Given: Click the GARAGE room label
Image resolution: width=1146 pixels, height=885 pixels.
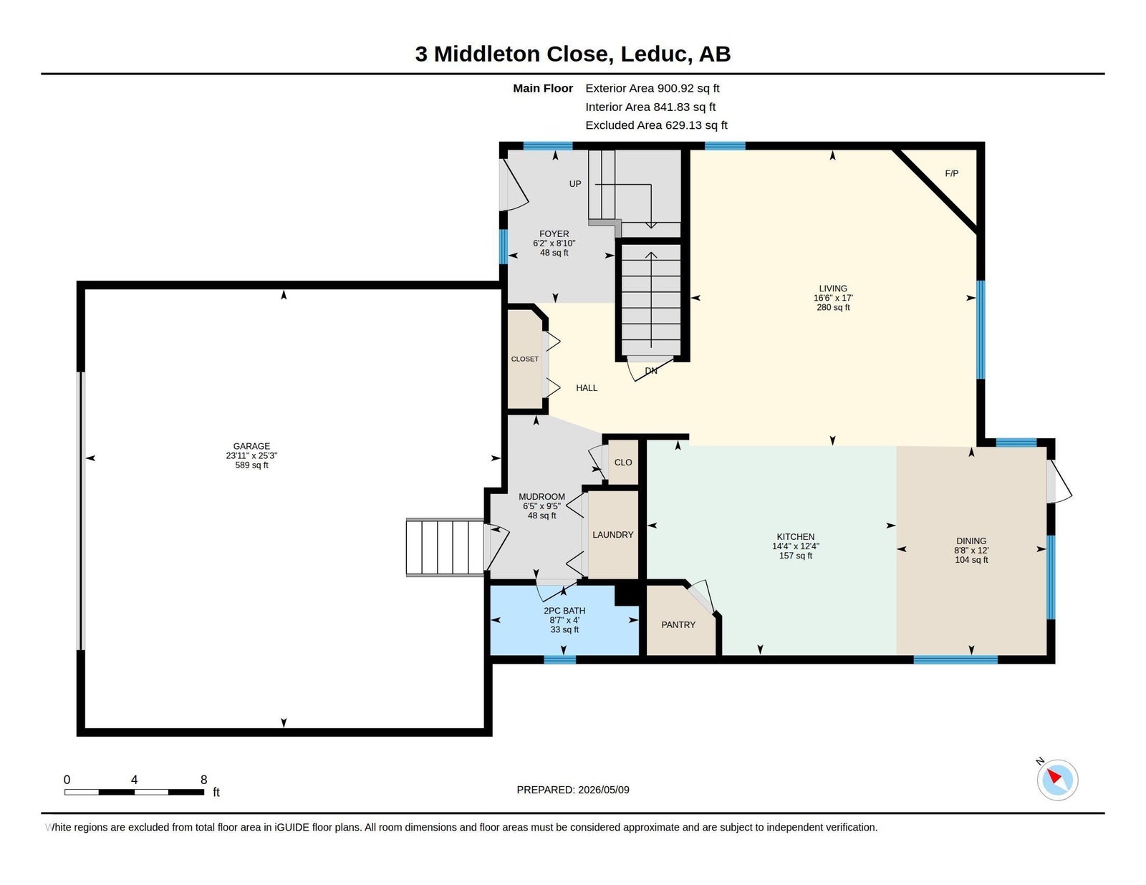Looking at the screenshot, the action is pyautogui.click(x=251, y=446).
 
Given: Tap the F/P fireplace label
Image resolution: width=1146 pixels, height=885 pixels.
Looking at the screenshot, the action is pyautogui.click(x=951, y=173).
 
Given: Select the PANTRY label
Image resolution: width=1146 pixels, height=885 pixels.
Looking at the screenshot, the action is pyautogui.click(x=678, y=624).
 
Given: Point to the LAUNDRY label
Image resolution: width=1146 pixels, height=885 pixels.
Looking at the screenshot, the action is pyautogui.click(x=613, y=534).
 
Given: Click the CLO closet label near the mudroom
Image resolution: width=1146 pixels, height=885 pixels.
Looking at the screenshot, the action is pyautogui.click(x=623, y=463).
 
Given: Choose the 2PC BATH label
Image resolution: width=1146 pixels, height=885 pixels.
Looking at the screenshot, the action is pyautogui.click(x=564, y=610).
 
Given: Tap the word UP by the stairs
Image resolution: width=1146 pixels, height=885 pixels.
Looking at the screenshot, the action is pyautogui.click(x=575, y=184).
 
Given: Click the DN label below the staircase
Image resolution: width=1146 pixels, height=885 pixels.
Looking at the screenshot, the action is pyautogui.click(x=651, y=371).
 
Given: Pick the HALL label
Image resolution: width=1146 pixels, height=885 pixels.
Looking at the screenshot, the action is pyautogui.click(x=587, y=388).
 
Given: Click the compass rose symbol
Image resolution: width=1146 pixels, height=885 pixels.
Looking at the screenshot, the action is pyautogui.click(x=1057, y=780).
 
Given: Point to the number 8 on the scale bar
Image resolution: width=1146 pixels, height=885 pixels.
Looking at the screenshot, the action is pyautogui.click(x=203, y=780).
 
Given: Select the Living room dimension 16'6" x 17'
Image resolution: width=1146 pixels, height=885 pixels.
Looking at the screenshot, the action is pyautogui.click(x=833, y=298).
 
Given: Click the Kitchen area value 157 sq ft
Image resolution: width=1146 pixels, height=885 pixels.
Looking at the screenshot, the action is pyautogui.click(x=795, y=556).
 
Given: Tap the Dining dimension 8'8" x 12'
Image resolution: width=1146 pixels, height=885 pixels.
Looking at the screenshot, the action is pyautogui.click(x=971, y=551).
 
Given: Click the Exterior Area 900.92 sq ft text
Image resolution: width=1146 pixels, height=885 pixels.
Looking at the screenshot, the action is pyautogui.click(x=653, y=88).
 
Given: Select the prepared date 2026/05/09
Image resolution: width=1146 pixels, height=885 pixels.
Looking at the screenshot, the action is pyautogui.click(x=603, y=790).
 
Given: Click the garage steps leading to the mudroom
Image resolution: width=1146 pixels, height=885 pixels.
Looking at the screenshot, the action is pyautogui.click(x=445, y=547).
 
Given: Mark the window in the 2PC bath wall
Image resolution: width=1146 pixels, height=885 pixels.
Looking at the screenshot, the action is pyautogui.click(x=559, y=659).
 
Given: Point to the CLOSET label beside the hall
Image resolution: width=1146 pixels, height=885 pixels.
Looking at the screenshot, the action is pyautogui.click(x=525, y=359).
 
